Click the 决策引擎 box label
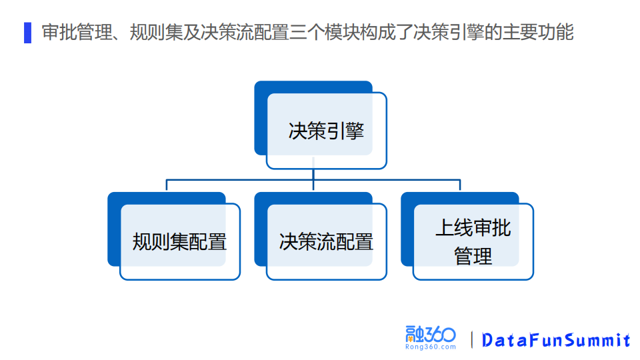[326, 130]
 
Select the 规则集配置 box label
[179, 241]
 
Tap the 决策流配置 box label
[326, 241]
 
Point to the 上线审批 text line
[473, 228]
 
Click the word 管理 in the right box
[473, 256]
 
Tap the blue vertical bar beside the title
[27, 32]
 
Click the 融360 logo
[430, 334]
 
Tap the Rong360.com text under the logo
[430, 347]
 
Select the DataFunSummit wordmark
[556, 340]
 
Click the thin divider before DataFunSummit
[473, 339]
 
